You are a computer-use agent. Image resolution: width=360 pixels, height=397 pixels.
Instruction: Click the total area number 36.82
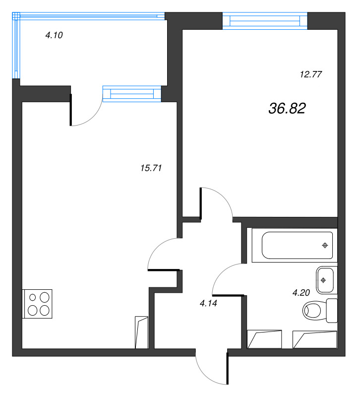coord(287,109)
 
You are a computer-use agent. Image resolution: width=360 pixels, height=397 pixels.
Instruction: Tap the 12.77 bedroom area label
coord(311,75)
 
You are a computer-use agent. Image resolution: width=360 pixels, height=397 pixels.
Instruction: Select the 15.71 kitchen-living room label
coord(152,168)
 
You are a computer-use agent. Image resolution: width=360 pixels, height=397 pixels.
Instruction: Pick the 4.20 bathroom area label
coord(301,293)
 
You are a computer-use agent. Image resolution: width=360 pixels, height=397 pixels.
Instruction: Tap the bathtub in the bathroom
coord(293,245)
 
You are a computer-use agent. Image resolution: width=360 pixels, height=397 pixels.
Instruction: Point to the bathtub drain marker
coord(325,245)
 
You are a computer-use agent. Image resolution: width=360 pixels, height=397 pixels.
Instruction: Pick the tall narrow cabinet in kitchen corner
coord(141,332)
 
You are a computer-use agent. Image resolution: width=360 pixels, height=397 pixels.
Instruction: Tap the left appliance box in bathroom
coord(265,339)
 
